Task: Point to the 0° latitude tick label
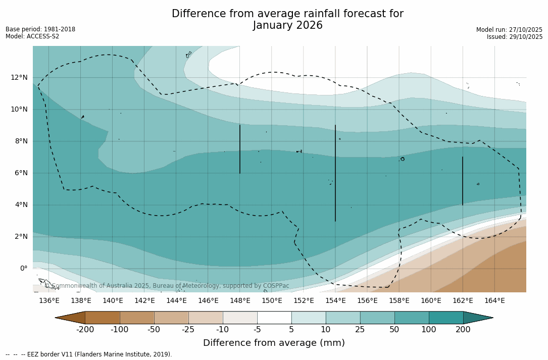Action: pos(24,268)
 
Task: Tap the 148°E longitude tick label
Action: pos(240,301)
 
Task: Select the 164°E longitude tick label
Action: pos(494,301)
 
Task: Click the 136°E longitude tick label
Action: pos(49,301)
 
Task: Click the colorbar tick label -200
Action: pos(85,330)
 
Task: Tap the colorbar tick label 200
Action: pos(463,330)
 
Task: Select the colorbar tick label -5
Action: pos(257,330)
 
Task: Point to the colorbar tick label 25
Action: pos(360,330)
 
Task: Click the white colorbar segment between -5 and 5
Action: pos(274,318)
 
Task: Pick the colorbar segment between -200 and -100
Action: pos(102,318)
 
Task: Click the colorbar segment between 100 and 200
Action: pos(446,318)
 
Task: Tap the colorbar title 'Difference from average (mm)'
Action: pos(274,343)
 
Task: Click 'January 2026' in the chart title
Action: pos(287,26)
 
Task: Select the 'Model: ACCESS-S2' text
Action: pos(32,36)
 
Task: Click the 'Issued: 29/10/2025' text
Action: pos(515,37)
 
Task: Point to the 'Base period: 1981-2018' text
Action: pos(40,29)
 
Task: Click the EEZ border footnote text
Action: pos(89,354)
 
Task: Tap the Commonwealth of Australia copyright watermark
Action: pos(167,286)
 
